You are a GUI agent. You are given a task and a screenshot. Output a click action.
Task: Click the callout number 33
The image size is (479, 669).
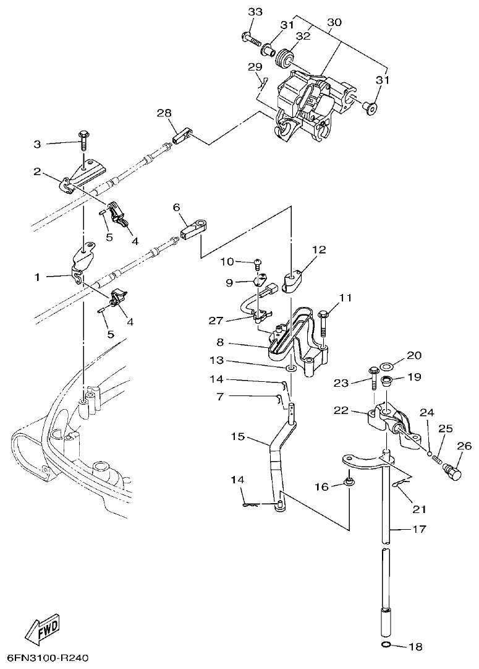pyautogui.click(x=255, y=12)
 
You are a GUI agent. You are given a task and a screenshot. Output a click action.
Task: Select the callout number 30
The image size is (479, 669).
pyautogui.click(x=334, y=22)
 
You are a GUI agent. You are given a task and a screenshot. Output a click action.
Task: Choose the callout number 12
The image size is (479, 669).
pyautogui.click(x=318, y=250)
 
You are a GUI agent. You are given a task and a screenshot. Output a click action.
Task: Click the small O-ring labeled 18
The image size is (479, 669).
pyautogui.click(x=386, y=647)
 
